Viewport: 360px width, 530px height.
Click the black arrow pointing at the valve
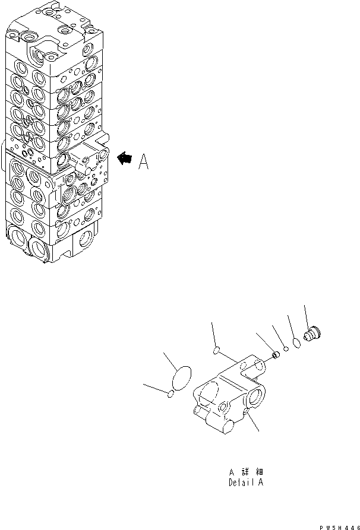click(x=125, y=157)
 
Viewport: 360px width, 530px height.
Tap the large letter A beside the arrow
click(x=144, y=161)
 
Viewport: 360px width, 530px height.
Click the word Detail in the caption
click(x=240, y=483)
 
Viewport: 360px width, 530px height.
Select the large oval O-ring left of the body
click(x=181, y=379)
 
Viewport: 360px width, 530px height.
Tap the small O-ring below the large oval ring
click(x=170, y=393)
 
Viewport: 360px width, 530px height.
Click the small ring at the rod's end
click(x=216, y=351)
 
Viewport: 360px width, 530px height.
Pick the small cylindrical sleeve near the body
click(x=276, y=356)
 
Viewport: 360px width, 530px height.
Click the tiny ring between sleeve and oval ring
click(x=286, y=349)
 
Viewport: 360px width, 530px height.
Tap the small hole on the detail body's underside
click(x=245, y=414)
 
